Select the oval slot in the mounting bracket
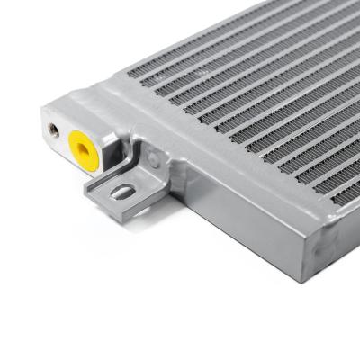pyautogui.click(x=123, y=191)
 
